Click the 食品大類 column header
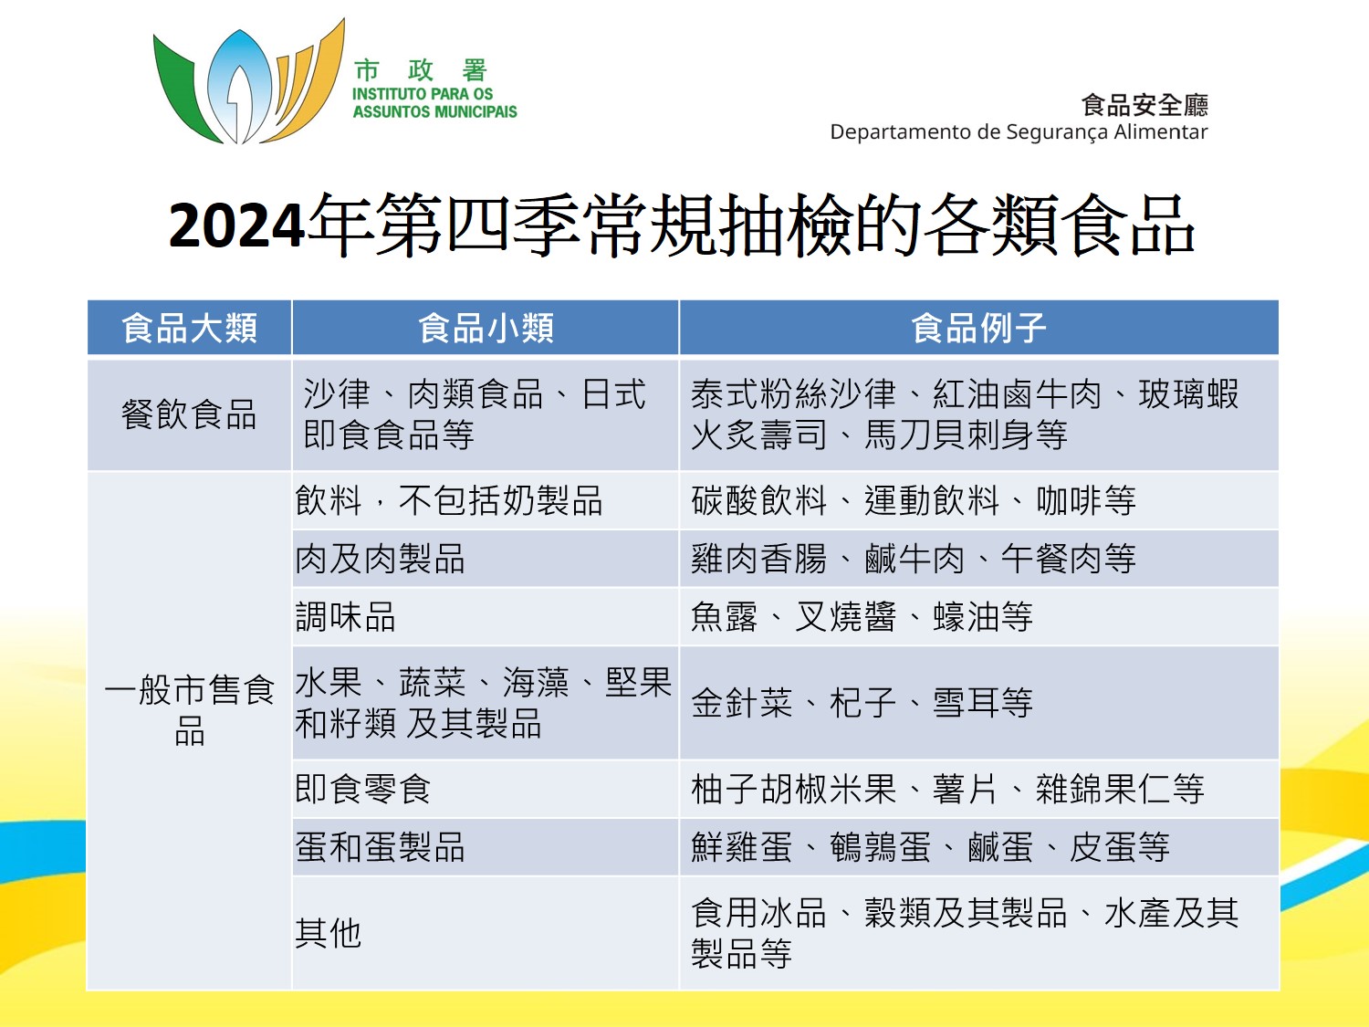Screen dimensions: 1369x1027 (x=189, y=328)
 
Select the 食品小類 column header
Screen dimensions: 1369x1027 (x=486, y=328)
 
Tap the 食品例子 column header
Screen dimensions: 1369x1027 (x=978, y=328)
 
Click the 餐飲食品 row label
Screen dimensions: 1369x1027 (x=189, y=414)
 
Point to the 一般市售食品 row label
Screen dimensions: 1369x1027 (x=190, y=709)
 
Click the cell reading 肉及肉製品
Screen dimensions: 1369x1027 (x=380, y=559)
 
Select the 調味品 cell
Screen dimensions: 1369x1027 (x=346, y=617)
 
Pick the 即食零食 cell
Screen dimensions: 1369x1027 (x=363, y=789)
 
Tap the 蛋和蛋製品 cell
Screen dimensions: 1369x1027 (x=380, y=847)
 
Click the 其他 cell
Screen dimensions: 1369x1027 (x=328, y=934)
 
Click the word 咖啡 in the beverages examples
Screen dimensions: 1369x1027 (x=1069, y=500)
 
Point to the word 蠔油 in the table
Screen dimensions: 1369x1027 (x=966, y=617)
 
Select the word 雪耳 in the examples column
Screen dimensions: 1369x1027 (x=966, y=703)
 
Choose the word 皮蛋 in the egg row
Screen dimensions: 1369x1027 (x=1103, y=847)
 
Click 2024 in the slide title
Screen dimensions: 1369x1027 (x=237, y=225)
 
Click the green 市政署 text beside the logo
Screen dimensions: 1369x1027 (x=421, y=70)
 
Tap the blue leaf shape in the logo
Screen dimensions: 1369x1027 (x=239, y=88)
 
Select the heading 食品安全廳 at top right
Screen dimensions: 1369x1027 (x=1145, y=105)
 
